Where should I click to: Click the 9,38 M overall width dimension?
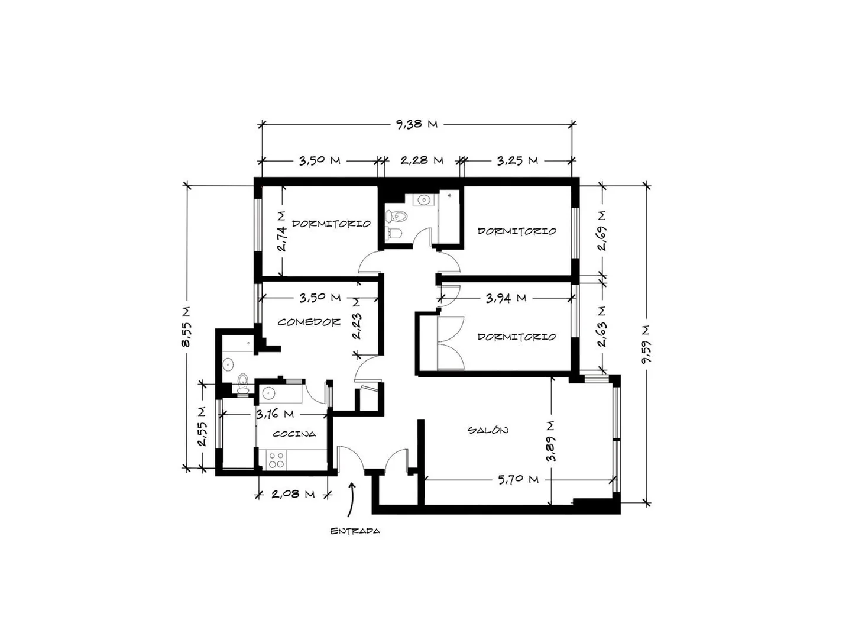pos(416,124)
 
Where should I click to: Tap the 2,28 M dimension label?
pos(422,160)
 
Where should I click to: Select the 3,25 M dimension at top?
pos(517,160)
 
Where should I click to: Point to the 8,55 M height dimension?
pos(186,327)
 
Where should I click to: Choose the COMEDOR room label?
pos(309,322)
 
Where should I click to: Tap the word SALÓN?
pos(488,430)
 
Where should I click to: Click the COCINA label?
pos(294,434)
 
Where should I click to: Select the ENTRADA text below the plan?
pos(355,531)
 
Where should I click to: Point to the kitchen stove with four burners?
pos(276,460)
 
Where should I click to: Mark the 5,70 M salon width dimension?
pos(519,479)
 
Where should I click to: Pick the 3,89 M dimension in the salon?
pos(551,441)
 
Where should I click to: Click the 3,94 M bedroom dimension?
pos(506,298)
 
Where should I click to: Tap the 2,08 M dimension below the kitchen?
pos(293,494)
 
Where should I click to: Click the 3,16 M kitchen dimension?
pos(275,414)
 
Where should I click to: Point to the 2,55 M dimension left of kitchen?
pos(202,426)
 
